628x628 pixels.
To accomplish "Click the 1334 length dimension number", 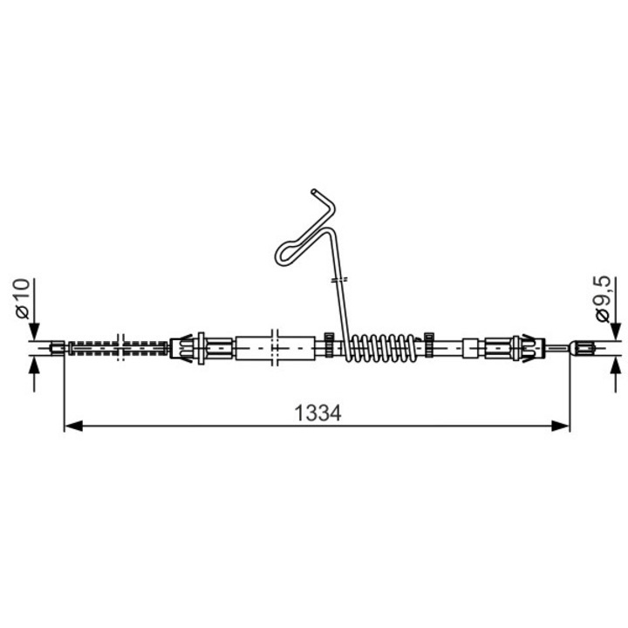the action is pyautogui.click(x=317, y=413).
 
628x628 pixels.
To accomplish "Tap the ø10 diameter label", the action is pyautogui.click(x=23, y=298).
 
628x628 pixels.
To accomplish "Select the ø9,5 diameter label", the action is pyautogui.click(x=603, y=298).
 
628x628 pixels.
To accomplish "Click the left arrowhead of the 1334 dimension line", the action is pyautogui.click(x=73, y=426).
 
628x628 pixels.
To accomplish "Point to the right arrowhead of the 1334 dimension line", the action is pyautogui.click(x=560, y=426).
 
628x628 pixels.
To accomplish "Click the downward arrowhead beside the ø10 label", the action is pyautogui.click(x=34, y=331).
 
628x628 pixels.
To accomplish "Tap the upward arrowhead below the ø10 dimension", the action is pyautogui.click(x=34, y=365).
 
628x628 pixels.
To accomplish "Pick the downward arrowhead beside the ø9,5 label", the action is pyautogui.click(x=616, y=331).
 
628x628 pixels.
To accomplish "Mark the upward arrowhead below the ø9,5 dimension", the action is pyautogui.click(x=616, y=365).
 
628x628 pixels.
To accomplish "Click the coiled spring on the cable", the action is pyautogui.click(x=383, y=348).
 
